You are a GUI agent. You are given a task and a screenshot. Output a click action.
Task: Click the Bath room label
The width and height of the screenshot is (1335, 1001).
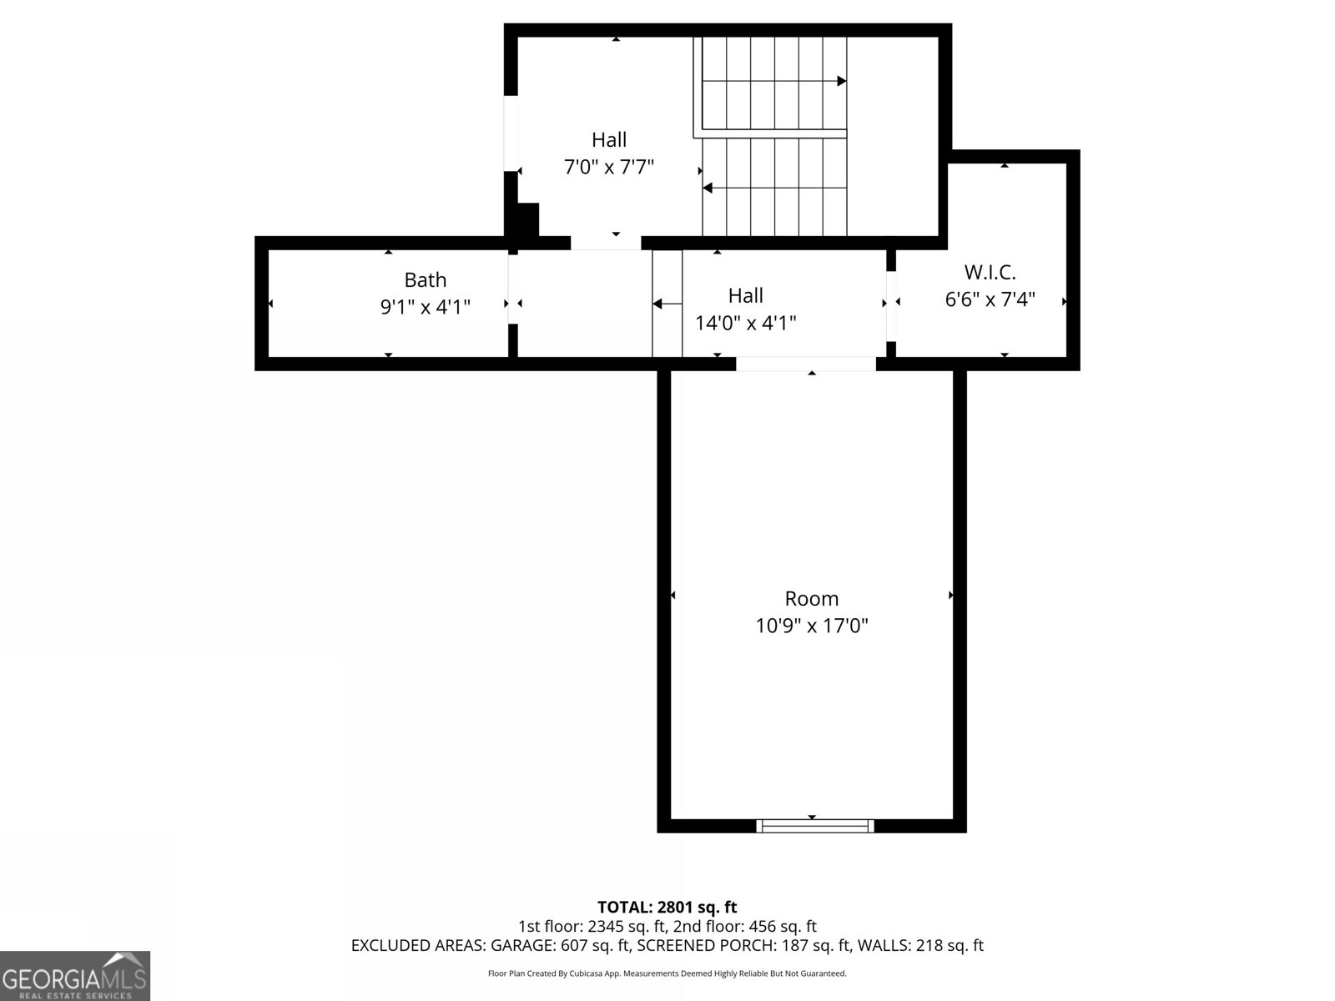[425, 279]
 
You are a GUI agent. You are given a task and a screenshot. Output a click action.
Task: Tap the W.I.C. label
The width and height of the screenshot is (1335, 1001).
[990, 272]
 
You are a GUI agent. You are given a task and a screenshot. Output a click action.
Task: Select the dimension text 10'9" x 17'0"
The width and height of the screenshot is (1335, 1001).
[812, 626]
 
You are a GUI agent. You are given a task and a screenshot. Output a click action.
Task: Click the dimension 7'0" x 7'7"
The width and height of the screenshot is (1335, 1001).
[609, 167]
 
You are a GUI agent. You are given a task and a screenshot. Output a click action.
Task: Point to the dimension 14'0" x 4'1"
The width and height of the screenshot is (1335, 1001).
[745, 323]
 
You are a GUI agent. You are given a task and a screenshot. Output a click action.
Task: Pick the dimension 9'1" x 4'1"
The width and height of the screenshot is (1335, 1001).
[425, 307]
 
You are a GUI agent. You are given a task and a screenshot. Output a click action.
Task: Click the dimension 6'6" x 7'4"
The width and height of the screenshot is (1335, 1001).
[990, 299]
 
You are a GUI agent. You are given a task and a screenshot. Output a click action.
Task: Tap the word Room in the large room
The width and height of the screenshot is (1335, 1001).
[812, 598]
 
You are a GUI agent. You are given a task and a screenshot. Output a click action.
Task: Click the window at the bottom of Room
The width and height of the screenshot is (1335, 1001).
[814, 826]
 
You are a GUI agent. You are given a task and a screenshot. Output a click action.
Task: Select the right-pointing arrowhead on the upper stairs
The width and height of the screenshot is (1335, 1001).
[842, 81]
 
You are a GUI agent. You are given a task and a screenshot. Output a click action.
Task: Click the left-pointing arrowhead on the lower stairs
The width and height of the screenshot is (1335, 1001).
[708, 188]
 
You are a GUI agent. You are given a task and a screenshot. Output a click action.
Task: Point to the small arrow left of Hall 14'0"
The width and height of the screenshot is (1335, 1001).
[657, 304]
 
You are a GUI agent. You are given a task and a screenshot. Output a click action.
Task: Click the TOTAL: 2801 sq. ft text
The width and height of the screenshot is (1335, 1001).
[667, 907]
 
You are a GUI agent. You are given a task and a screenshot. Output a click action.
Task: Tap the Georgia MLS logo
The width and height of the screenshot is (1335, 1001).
[75, 976]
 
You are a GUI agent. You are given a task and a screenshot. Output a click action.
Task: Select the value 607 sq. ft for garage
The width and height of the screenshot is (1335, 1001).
[596, 945]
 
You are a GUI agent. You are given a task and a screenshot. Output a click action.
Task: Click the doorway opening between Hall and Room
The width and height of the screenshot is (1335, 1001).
[805, 364]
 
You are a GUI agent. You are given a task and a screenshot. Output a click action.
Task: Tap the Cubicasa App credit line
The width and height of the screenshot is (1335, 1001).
[667, 973]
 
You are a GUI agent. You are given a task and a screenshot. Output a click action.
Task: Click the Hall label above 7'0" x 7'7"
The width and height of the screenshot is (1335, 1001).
[609, 139]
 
